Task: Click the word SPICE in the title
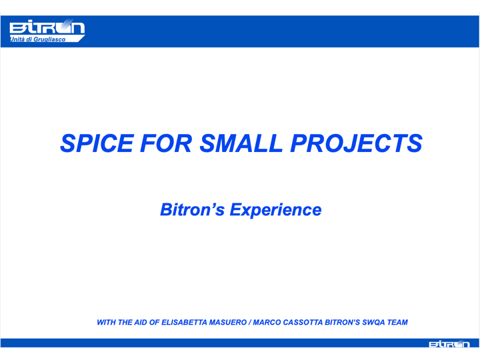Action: click(97, 143)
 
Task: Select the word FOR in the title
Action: click(166, 143)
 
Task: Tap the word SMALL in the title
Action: click(241, 143)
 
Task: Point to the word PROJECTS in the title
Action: click(356, 143)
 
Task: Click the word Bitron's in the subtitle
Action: click(193, 210)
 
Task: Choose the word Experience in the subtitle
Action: click(275, 210)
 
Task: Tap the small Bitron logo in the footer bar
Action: click(449, 344)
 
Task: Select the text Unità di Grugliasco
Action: click(37, 39)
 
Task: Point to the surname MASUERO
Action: click(228, 323)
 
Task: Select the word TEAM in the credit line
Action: click(397, 323)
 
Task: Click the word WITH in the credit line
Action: click(107, 323)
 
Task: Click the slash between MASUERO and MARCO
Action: click(250, 323)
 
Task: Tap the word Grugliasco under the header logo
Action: click(49, 39)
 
